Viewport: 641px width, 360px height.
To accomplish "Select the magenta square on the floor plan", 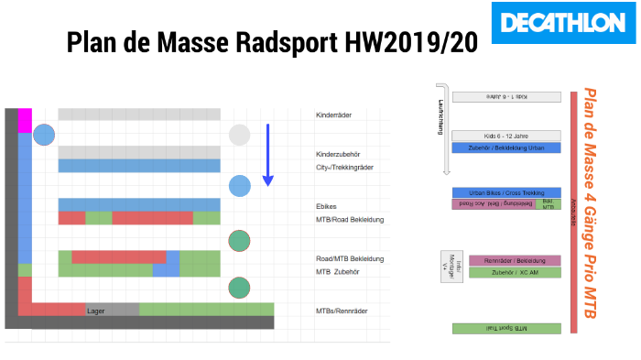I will click(26, 120).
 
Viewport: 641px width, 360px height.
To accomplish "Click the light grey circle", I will click(239, 136).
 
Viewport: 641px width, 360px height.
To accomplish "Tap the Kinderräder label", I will click(334, 115).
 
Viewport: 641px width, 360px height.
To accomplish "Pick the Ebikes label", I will click(327, 207).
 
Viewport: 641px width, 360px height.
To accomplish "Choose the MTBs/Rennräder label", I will click(342, 311).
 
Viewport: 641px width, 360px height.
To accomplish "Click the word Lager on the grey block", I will click(96, 311).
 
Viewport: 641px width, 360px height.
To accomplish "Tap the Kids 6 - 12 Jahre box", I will click(506, 136).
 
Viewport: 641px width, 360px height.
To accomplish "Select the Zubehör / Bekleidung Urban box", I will click(506, 147).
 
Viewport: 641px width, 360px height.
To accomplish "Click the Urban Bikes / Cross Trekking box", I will click(506, 193).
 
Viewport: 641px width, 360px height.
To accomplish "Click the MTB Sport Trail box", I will click(506, 328).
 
